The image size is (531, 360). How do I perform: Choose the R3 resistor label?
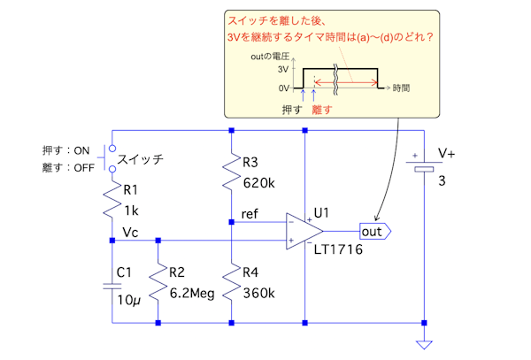click(x=250, y=163)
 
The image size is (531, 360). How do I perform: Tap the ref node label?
click(x=250, y=213)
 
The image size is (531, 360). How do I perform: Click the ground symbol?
click(x=426, y=346)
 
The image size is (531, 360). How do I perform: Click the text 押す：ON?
click(x=66, y=150)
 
